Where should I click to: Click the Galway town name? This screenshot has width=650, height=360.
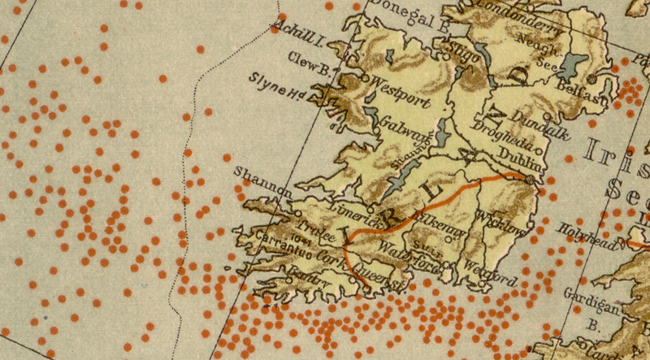399,128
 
